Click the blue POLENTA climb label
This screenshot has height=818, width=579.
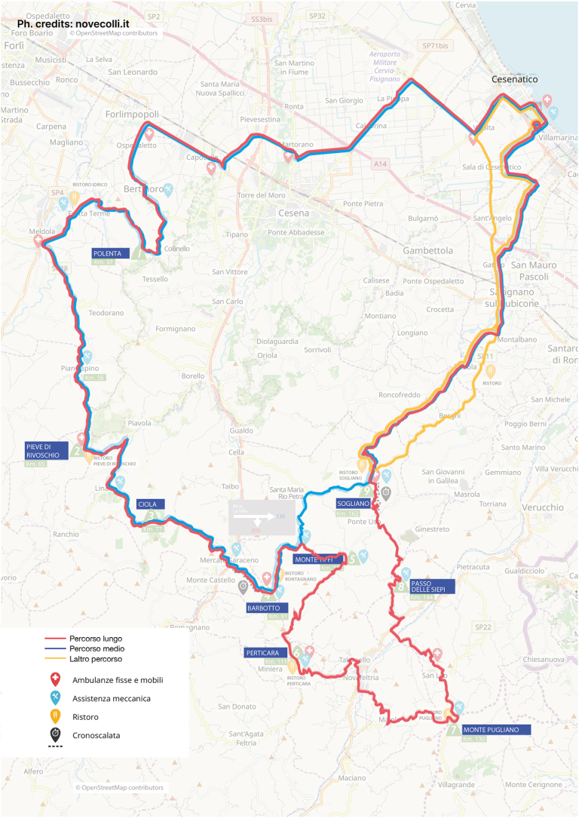111,253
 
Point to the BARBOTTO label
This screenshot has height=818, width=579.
263,608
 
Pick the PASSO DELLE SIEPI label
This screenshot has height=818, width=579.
432,587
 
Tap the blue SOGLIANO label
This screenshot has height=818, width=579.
354,503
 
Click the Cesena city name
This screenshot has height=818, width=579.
293,213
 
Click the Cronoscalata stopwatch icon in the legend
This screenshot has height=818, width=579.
55,733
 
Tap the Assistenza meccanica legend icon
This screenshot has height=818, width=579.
55,698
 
